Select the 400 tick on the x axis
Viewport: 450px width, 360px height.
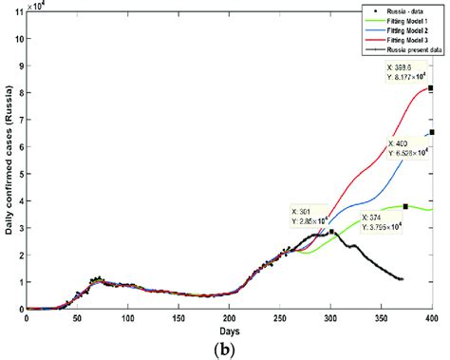[433, 317]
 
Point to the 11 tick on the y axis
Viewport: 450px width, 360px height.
[17, 13]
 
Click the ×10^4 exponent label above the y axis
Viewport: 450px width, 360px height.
[38, 5]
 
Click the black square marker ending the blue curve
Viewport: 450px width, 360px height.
[432, 132]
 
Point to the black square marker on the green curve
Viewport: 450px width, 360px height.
[405, 206]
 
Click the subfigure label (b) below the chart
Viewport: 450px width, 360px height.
[229, 349]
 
